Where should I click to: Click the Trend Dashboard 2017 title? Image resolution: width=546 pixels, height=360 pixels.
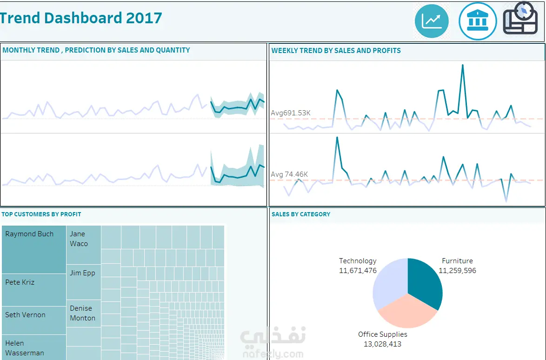[x=81, y=18]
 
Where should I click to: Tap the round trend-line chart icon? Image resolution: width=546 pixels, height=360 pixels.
[x=432, y=21]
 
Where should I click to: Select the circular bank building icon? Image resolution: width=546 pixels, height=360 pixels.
[x=478, y=21]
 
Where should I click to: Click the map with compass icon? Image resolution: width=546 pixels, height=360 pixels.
[x=520, y=19]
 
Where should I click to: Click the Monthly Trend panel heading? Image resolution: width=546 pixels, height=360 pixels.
[x=96, y=50]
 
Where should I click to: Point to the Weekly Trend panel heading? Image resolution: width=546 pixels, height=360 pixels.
[x=336, y=51]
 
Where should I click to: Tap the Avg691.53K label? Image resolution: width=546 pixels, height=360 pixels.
[x=291, y=113]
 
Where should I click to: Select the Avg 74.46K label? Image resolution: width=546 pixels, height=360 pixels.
[x=289, y=174]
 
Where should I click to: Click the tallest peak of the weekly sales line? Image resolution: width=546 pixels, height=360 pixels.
[x=462, y=65]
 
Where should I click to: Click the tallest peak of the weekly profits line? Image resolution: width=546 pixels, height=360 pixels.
[x=337, y=138]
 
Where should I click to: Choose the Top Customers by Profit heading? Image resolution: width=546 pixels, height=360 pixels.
[x=41, y=214]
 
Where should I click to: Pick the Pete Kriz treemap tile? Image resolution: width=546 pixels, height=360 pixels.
[x=34, y=290]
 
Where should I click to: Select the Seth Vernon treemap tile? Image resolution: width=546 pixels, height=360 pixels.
[x=34, y=320]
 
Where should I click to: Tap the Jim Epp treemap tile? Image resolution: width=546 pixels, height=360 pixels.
[x=84, y=282]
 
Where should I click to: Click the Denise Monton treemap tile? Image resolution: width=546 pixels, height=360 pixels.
[x=84, y=313]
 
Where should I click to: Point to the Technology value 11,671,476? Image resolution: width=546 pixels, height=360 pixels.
[x=358, y=271]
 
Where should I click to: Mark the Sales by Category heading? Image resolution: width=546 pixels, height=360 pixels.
[x=301, y=214]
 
